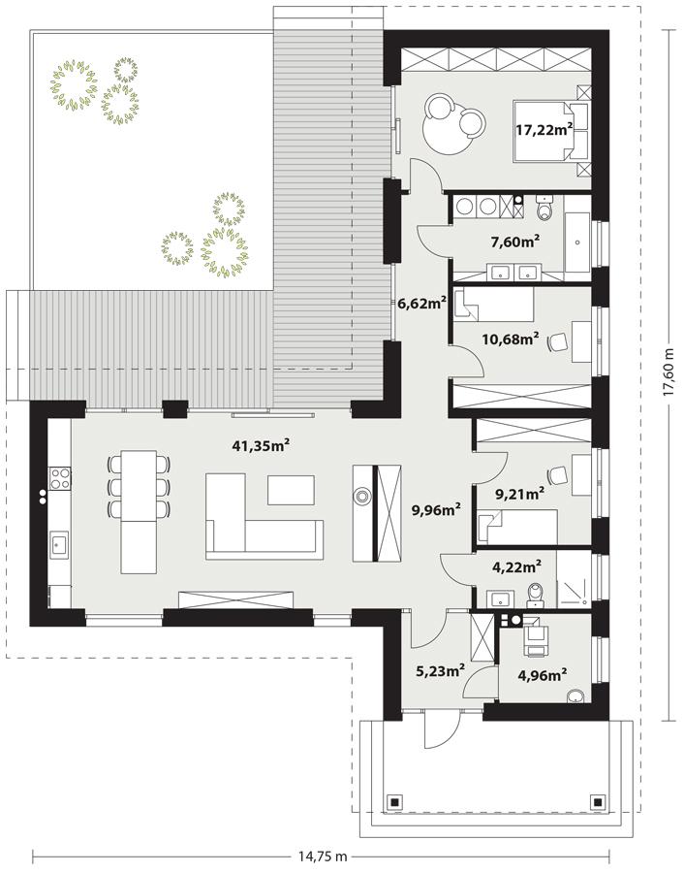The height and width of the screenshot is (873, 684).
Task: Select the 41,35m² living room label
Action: pyautogui.click(x=262, y=446)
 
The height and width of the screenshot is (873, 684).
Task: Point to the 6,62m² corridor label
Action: pyautogui.click(x=421, y=303)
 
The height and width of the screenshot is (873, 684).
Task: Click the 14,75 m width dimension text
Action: pyautogui.click(x=323, y=857)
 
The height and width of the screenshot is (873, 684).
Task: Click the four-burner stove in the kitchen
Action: pyautogui.click(x=59, y=476)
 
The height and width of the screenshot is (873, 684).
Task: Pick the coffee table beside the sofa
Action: pyautogui.click(x=292, y=490)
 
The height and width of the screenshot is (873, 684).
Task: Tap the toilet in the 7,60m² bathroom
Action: pyautogui.click(x=543, y=209)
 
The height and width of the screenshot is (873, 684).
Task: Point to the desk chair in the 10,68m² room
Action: pyautogui.click(x=558, y=341)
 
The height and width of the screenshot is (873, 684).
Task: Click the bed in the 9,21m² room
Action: pyautogui.click(x=515, y=527)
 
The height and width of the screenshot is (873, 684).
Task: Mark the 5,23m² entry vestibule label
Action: pyautogui.click(x=439, y=668)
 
